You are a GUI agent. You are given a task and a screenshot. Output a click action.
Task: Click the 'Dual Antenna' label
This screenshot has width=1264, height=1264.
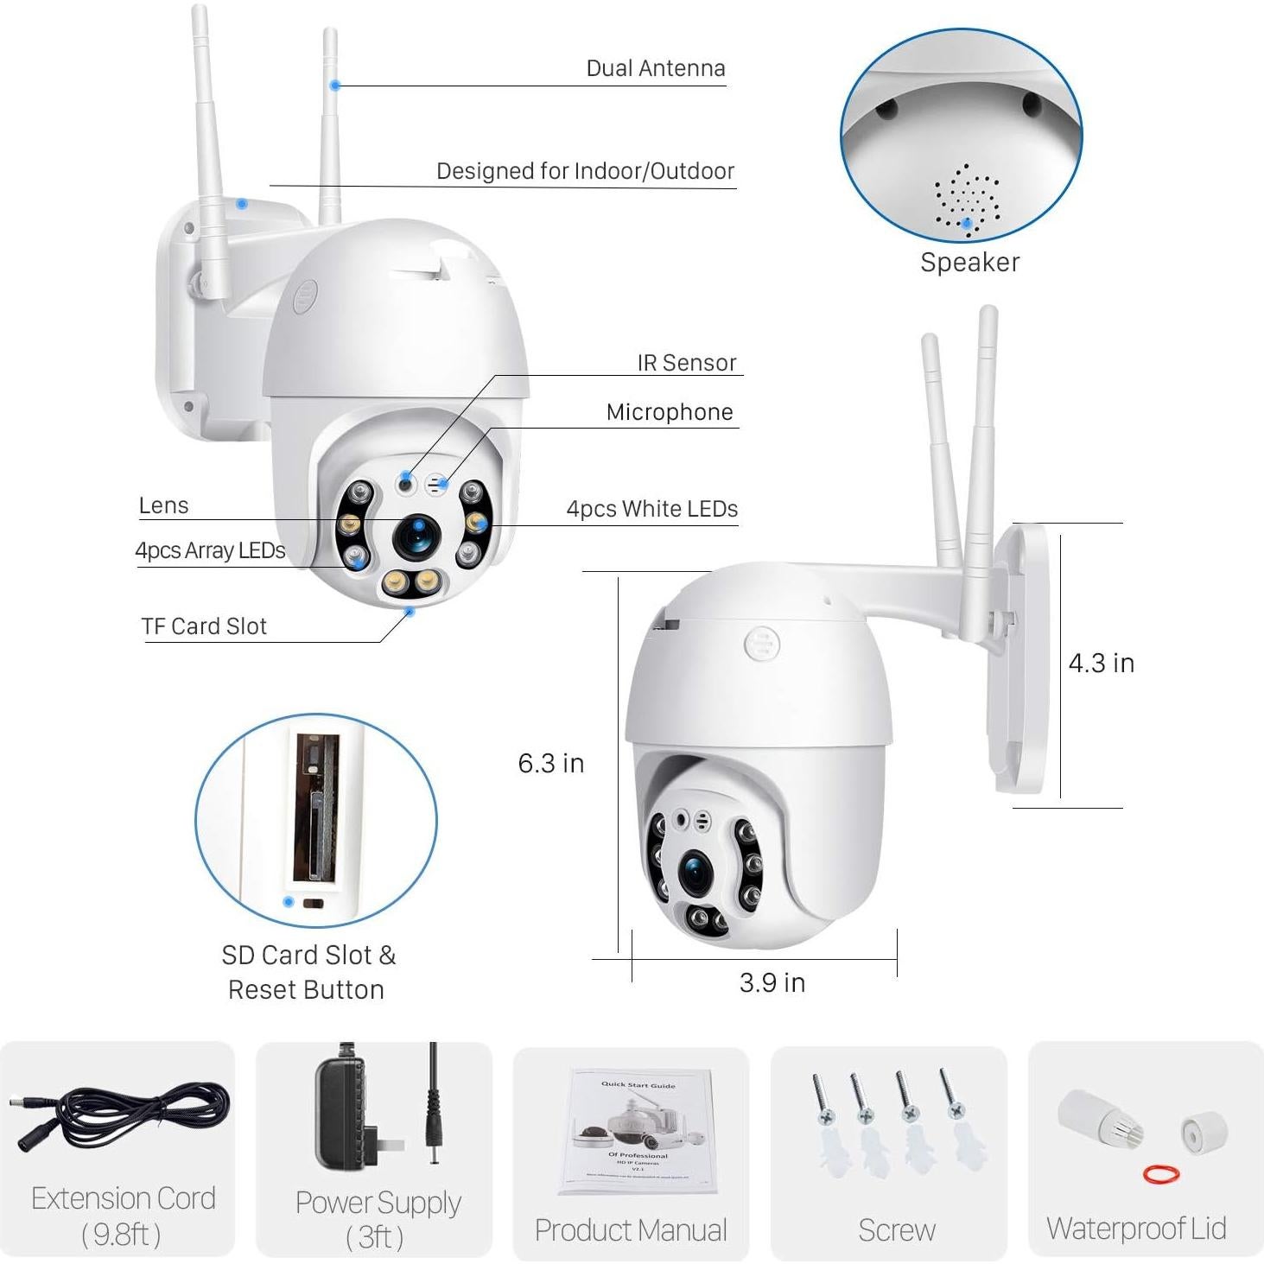coord(655,68)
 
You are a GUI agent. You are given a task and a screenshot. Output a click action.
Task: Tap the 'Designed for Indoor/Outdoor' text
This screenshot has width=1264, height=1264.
coord(585,171)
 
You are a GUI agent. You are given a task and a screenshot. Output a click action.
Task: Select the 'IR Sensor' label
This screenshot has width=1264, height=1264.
coord(686,363)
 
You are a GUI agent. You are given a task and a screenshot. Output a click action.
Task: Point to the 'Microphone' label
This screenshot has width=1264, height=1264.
coord(669,412)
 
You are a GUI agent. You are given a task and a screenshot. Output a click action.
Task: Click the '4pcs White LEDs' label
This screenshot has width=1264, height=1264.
coord(651,509)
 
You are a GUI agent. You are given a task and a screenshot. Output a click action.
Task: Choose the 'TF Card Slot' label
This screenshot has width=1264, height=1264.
coord(204,626)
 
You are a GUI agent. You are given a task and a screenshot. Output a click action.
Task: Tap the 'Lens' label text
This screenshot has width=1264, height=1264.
coord(163,505)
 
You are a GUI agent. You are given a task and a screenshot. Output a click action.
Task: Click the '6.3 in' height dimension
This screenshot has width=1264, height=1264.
coord(550,763)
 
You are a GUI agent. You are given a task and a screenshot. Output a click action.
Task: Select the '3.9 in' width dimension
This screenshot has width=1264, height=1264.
coord(772,982)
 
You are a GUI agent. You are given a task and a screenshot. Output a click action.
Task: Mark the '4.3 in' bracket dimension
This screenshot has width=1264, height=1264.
coord(1101,663)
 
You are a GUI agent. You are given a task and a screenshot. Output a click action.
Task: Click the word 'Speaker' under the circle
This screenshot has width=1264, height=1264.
coord(969,263)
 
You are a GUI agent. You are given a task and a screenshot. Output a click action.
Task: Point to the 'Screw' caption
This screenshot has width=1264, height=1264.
coord(896,1229)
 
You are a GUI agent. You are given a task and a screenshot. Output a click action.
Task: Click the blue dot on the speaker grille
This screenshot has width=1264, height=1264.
coord(968,223)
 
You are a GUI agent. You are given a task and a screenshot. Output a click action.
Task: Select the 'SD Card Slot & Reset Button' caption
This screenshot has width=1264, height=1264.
coord(307,972)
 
